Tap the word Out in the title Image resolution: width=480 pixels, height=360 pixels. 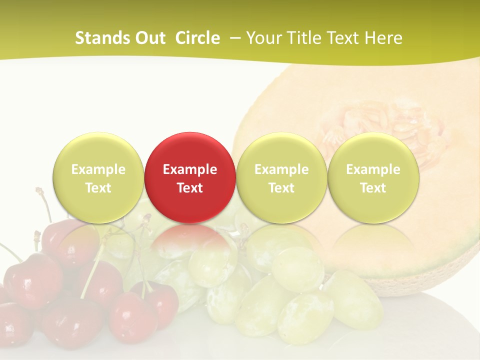point(149,38)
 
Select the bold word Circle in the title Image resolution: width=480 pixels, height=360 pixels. point(197,38)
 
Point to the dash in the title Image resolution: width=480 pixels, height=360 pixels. point(233,38)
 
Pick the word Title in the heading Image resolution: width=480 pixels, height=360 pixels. point(304,38)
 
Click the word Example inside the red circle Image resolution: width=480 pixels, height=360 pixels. point(190,169)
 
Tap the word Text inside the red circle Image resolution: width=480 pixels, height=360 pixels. point(190,188)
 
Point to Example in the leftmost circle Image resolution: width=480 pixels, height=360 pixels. point(98,169)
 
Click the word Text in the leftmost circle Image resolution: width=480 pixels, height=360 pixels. point(98,188)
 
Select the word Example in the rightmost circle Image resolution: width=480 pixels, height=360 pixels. point(373,169)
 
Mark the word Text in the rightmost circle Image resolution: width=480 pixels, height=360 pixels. point(373,188)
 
